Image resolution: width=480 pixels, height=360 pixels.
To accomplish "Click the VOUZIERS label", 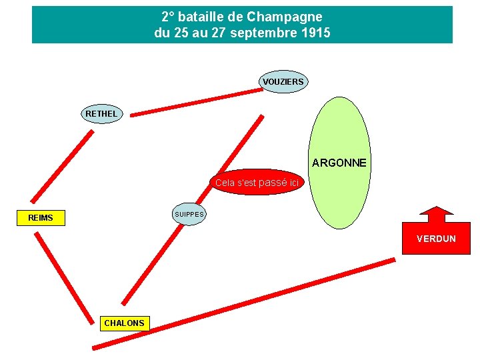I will coord(283,82).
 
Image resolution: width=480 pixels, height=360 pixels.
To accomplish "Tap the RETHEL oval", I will coord(101,113).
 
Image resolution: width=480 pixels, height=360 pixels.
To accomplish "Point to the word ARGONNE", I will coord(339,163).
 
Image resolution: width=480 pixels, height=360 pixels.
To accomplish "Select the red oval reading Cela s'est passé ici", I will coord(258,182).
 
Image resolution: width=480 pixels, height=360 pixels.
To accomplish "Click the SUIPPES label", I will coord(189,214).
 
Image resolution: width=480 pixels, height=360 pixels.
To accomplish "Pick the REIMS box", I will coord(41,217).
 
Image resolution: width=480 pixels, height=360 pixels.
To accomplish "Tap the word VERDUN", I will coord(436,239).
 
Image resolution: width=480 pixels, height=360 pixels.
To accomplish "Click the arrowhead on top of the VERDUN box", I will coord(436,215).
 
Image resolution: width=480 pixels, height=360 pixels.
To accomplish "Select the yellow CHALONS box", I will coord(124,323).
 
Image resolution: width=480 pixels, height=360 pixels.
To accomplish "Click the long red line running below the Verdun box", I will coord(243,303).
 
